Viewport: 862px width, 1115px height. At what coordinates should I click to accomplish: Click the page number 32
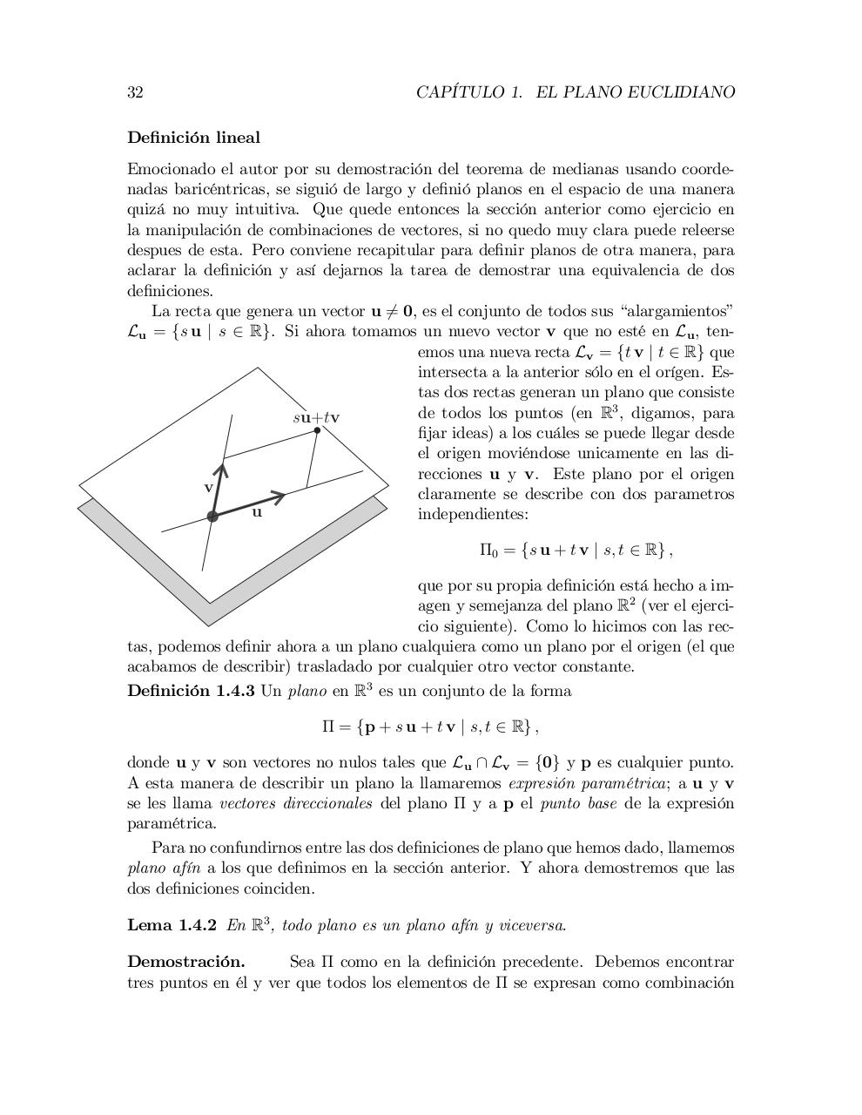[x=135, y=92]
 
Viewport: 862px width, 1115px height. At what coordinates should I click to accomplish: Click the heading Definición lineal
[x=193, y=138]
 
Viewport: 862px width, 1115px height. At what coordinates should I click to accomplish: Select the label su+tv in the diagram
[x=315, y=417]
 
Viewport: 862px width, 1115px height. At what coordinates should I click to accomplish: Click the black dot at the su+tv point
[x=317, y=430]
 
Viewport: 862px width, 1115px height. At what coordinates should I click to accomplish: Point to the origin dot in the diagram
[x=212, y=517]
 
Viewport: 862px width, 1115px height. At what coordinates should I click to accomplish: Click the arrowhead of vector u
[x=280, y=497]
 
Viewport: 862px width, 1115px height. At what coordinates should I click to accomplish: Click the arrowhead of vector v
[x=222, y=470]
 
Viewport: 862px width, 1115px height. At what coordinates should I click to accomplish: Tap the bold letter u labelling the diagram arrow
[x=257, y=513]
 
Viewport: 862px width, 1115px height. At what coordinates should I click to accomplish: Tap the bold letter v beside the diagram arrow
[x=208, y=487]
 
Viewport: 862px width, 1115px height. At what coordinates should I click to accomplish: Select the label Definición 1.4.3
[x=191, y=692]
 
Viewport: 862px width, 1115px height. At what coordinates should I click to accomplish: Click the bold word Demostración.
[x=185, y=962]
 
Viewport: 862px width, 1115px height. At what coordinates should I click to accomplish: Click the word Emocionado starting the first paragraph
[x=167, y=169]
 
